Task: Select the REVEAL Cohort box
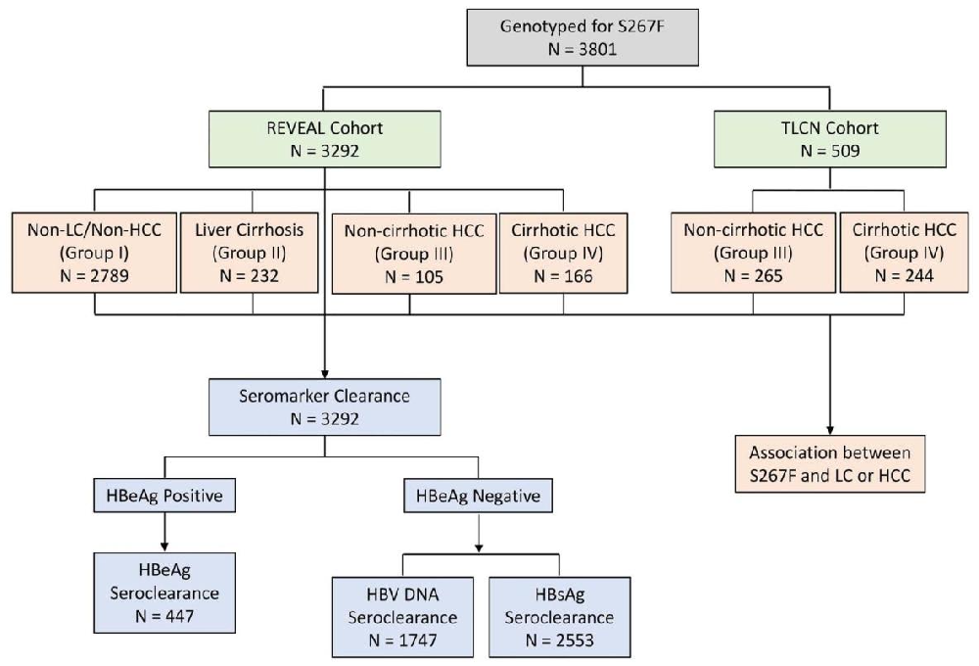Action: [324, 139]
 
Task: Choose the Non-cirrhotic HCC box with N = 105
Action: [410, 253]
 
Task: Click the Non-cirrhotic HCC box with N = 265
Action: [754, 252]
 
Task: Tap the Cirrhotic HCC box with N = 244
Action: [905, 252]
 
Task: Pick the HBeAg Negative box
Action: [477, 497]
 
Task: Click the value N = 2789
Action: [94, 275]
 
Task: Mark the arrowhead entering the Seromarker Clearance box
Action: [324, 373]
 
